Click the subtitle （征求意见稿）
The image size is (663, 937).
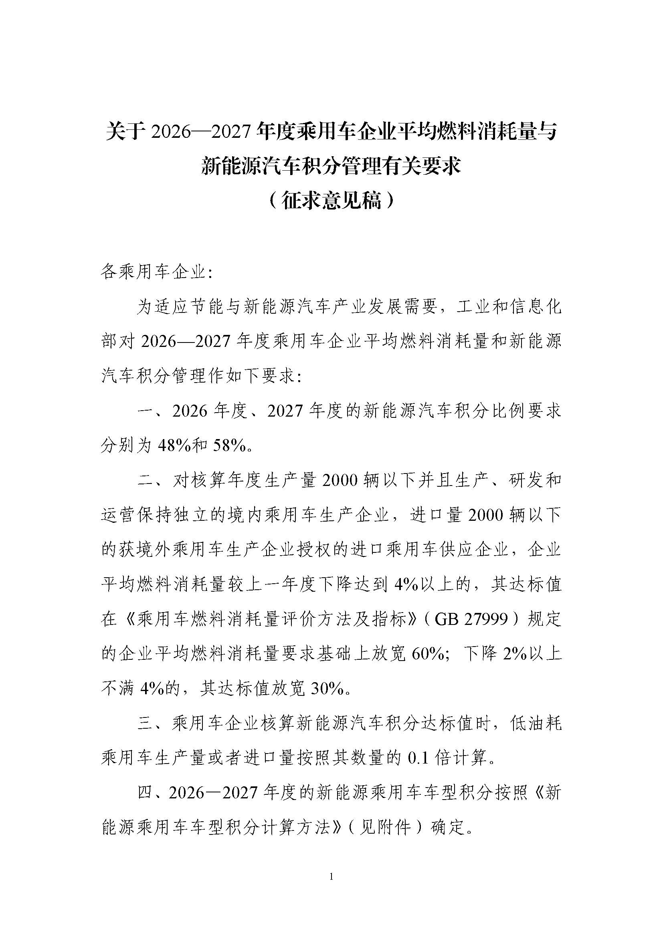[x=331, y=201]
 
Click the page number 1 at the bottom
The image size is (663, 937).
[x=331, y=876]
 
